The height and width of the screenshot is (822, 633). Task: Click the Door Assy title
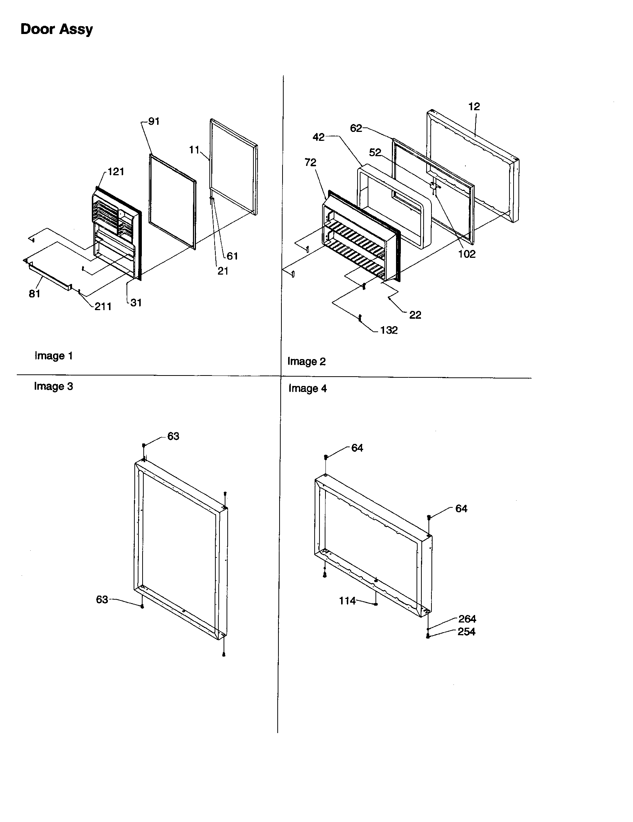click(56, 30)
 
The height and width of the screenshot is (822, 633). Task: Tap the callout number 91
click(154, 121)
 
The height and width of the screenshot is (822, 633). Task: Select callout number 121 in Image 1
click(116, 171)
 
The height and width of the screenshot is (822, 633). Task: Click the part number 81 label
click(34, 294)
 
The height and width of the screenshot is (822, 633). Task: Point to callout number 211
click(103, 306)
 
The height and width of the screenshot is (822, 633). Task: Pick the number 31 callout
click(136, 302)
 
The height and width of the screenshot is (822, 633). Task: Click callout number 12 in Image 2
click(474, 106)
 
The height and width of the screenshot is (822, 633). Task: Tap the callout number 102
click(467, 254)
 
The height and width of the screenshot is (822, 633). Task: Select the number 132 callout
click(389, 330)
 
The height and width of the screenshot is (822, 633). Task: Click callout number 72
click(310, 162)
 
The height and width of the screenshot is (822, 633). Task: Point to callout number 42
click(318, 137)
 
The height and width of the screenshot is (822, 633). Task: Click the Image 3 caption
click(53, 386)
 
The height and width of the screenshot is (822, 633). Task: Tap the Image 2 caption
click(306, 361)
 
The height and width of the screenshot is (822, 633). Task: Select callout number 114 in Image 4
click(347, 601)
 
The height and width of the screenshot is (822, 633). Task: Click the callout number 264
click(467, 619)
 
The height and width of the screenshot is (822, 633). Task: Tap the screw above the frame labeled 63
click(144, 446)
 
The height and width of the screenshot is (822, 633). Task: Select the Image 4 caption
click(308, 389)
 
